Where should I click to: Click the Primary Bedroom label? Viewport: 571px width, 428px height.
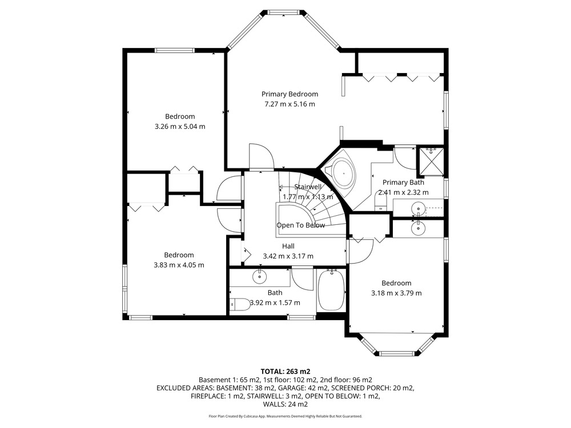click(289, 94)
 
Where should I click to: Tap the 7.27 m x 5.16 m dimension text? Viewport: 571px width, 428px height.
click(289, 104)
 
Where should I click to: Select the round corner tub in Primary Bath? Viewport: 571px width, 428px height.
click(344, 173)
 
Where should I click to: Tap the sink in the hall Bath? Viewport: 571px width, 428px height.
click(259, 277)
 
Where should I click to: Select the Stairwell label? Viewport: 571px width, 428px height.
click(308, 187)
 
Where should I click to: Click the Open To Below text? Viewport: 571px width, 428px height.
click(300, 225)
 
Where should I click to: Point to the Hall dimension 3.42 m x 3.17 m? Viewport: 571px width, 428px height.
click(288, 256)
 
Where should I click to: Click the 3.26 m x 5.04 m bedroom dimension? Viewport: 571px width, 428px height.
click(180, 127)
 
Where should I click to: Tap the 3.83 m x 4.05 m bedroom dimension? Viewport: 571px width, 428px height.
click(179, 265)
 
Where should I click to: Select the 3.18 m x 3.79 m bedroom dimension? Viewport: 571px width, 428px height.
click(396, 293)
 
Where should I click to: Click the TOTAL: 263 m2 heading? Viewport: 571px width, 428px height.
click(285, 372)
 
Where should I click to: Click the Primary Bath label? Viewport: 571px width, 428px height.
click(403, 183)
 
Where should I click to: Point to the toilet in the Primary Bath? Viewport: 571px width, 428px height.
click(380, 201)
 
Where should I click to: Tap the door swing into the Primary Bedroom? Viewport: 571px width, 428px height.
click(262, 156)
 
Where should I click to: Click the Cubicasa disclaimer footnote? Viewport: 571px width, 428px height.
click(285, 416)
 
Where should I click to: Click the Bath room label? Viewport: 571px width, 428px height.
click(275, 293)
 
